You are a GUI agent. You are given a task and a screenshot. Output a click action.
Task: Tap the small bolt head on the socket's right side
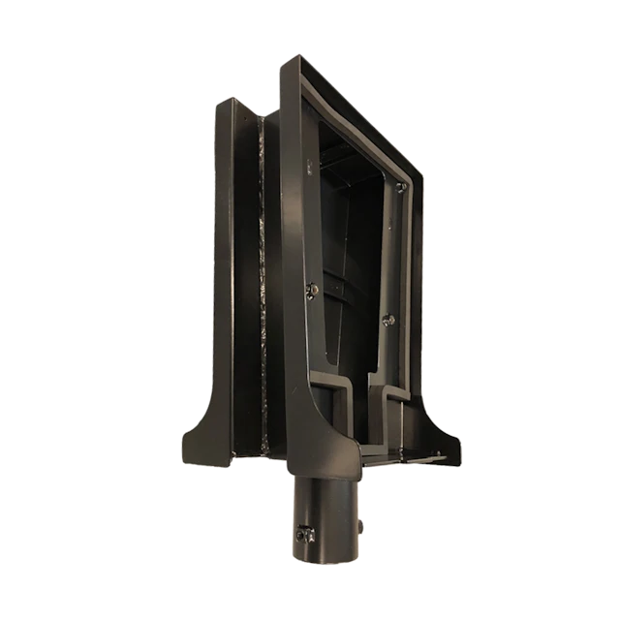pos(358,526)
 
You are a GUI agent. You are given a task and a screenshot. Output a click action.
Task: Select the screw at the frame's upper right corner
pos(400,186)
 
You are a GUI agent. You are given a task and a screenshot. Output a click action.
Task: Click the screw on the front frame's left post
pos(310,287)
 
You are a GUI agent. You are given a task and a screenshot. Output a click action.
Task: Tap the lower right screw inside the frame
pos(389,320)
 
